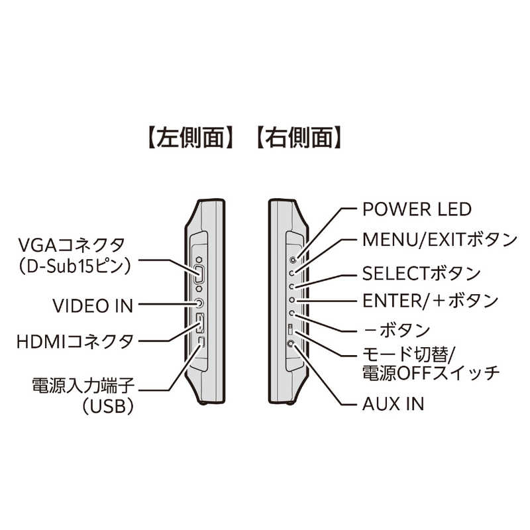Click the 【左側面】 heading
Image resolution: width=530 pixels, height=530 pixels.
click(189, 138)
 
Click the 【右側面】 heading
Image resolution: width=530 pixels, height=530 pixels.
click(299, 138)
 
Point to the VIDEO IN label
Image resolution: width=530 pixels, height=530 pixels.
click(93, 305)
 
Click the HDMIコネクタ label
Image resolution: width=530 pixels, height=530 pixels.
click(76, 342)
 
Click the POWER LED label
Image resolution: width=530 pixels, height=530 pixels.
click(417, 209)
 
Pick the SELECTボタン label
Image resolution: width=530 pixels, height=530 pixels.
click(421, 272)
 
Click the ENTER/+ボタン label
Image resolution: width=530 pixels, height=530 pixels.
click(430, 301)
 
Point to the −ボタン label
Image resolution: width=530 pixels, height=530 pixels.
click(397, 330)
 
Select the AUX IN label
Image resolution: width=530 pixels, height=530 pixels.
click(394, 403)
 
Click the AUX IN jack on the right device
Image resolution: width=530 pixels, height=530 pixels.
click(292, 344)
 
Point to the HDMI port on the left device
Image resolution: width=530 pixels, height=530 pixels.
click(200, 325)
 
